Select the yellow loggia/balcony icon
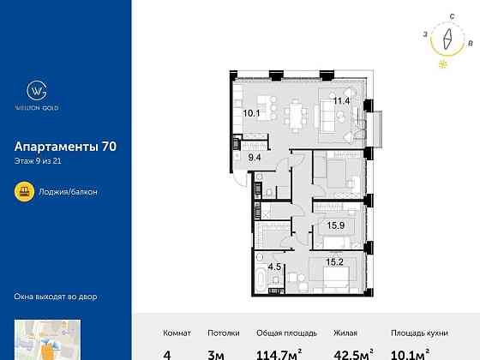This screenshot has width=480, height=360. (25, 191)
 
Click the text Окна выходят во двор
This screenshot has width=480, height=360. (56, 297)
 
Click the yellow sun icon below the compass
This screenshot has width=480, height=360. (442, 63)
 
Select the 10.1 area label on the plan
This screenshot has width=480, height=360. (250, 112)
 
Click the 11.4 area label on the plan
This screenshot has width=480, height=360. (342, 100)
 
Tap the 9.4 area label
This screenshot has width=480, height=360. (255, 157)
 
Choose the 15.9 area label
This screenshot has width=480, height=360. (336, 226)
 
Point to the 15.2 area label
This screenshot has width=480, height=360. (335, 263)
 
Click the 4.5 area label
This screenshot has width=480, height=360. (275, 266)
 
